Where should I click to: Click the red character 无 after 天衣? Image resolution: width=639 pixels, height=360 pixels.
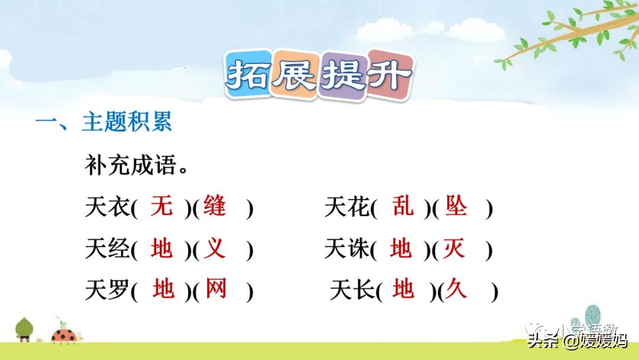(162, 207)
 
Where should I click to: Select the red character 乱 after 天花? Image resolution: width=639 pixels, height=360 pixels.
(403, 207)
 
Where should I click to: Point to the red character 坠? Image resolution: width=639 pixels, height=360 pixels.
(456, 207)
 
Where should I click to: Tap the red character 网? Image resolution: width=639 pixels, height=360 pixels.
(216, 290)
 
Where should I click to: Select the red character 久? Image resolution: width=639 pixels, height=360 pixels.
(456, 290)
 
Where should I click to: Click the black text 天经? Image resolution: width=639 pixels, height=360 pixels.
(107, 249)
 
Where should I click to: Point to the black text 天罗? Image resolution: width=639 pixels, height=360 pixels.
(107, 291)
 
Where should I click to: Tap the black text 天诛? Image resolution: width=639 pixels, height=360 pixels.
(347, 249)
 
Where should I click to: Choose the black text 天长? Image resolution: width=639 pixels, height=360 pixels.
(351, 291)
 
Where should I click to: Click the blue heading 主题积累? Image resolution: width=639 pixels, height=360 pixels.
(127, 123)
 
